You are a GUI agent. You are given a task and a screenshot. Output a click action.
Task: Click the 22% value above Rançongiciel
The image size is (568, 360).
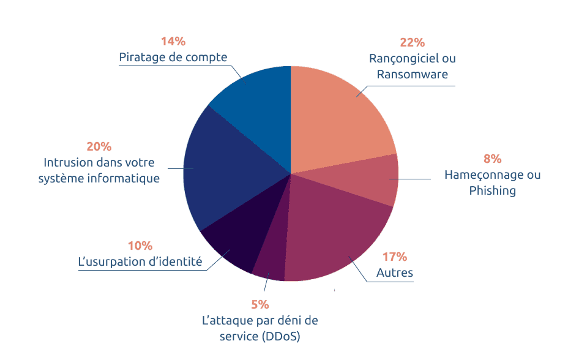(x=412, y=42)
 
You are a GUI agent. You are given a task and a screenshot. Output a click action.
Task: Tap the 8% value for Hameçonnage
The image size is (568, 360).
(x=492, y=159)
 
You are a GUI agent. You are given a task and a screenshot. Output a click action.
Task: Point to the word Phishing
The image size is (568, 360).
(x=492, y=190)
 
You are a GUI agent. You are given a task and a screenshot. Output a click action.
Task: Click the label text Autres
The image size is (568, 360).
(x=395, y=272)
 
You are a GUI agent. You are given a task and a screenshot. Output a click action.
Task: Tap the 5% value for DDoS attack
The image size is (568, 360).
(x=260, y=304)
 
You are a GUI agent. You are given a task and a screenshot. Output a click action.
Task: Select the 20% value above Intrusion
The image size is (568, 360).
(x=99, y=146)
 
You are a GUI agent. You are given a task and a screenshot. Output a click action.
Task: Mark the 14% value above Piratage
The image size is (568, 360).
(x=173, y=41)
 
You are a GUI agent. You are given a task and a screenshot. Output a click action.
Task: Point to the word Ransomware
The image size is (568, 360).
(x=412, y=74)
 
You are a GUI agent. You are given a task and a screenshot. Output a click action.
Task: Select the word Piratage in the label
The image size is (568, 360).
(x=141, y=58)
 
